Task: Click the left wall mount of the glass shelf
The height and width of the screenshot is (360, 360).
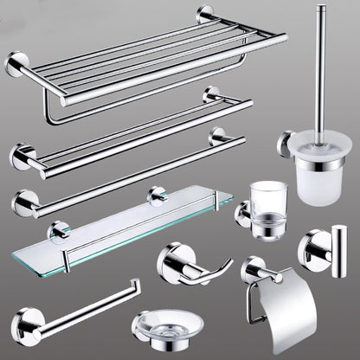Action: coord(59,231)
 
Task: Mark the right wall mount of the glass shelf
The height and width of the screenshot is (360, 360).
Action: coord(157,195)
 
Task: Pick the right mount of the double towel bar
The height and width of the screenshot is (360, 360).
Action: coord(209,96)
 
